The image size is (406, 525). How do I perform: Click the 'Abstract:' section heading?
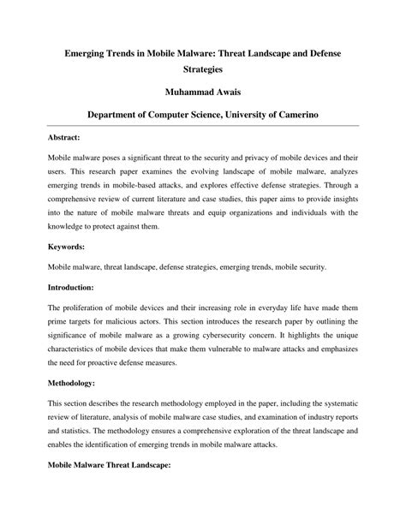coord(64,137)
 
